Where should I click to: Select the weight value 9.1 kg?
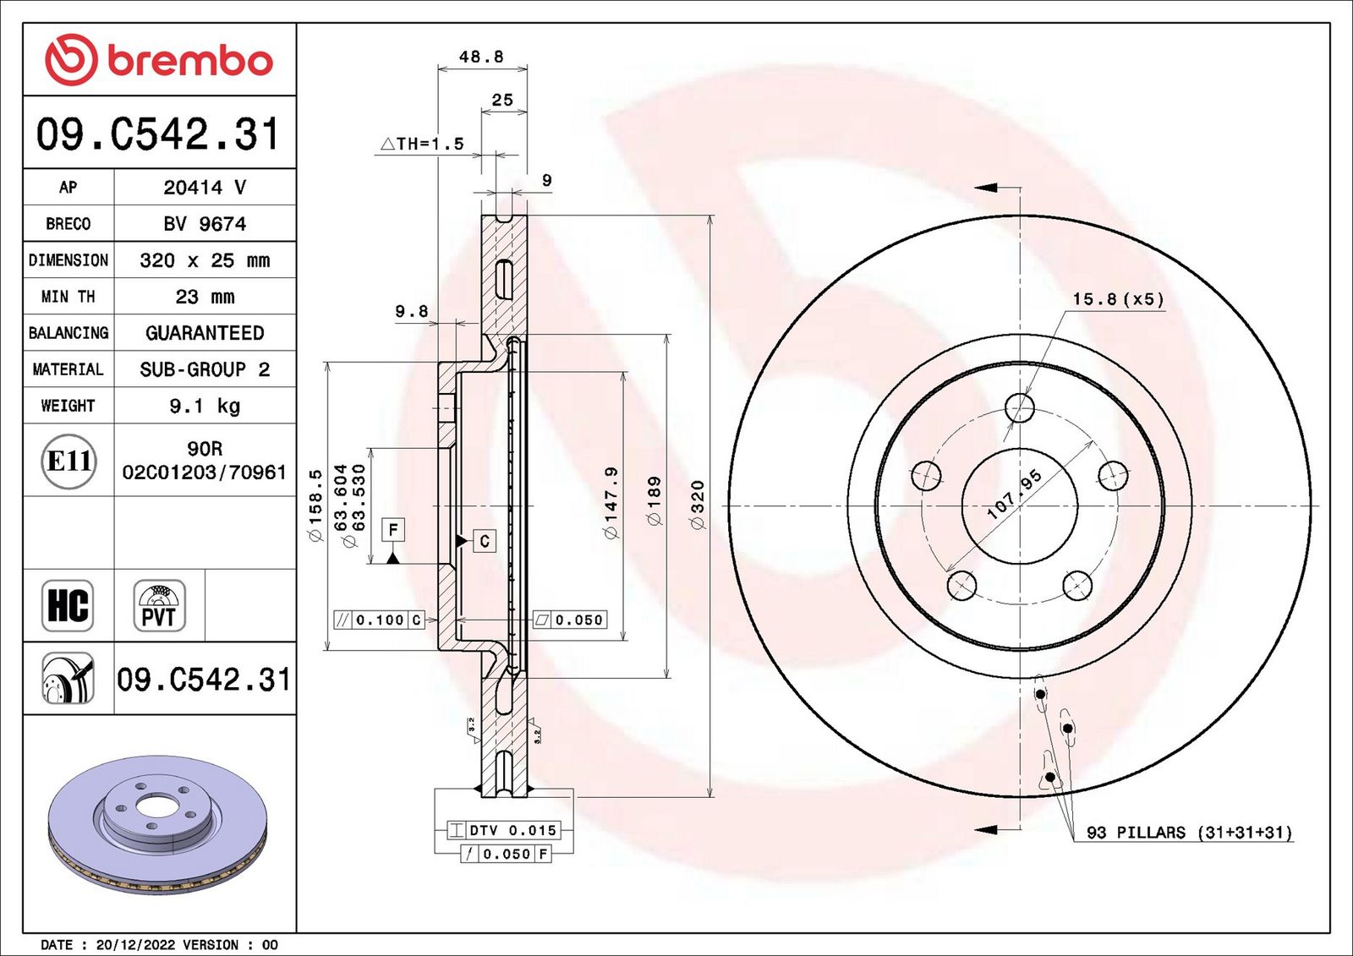point(205,406)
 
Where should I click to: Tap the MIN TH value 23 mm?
point(205,297)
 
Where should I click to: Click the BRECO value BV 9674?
point(205,224)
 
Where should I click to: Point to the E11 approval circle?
point(69,462)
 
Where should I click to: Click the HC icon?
point(68,606)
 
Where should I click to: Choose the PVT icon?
point(160,606)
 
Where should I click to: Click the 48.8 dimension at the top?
point(481,57)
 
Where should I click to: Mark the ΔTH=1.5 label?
point(422,144)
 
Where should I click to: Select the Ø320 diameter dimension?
point(698,505)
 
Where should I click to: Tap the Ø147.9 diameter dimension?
point(611,502)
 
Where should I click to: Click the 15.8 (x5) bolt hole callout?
point(1118,299)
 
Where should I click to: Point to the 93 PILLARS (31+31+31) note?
point(1189,833)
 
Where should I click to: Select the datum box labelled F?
point(393,530)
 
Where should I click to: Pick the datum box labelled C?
point(485,541)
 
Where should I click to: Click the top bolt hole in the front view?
point(1020,407)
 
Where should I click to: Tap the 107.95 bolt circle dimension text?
point(1015,494)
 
